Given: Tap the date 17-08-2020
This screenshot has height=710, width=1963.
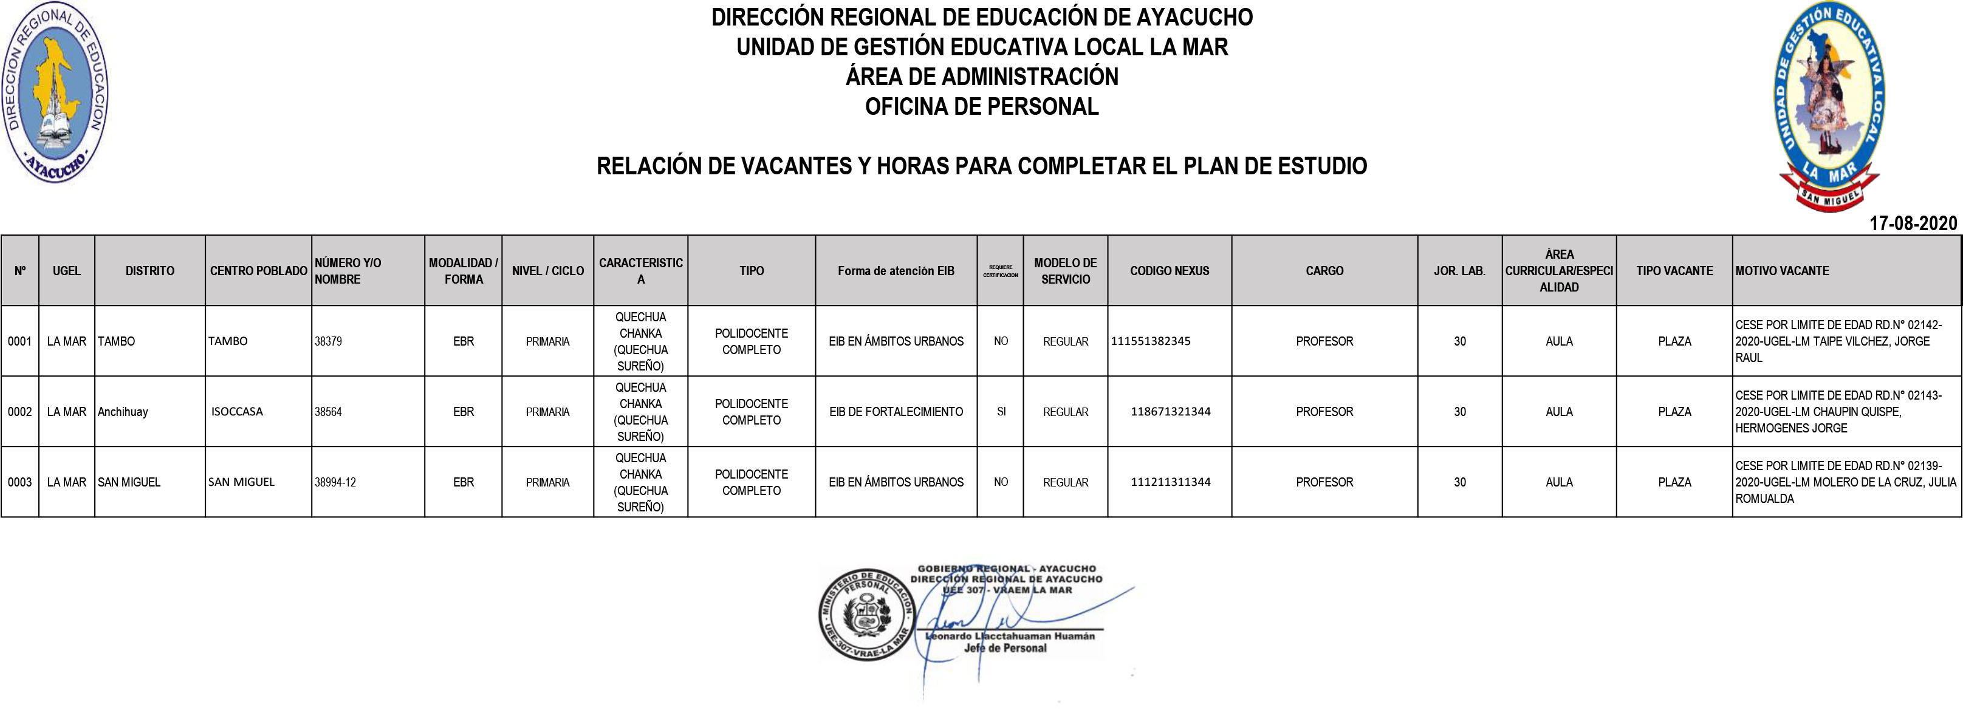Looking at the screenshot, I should click(1913, 224).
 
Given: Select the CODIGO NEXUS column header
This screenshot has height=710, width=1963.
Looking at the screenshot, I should click(1169, 270).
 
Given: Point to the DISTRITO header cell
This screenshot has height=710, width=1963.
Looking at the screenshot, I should click(149, 270).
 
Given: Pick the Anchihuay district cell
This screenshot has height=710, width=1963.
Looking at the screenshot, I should click(123, 411).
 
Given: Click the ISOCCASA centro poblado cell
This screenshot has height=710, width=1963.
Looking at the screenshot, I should click(237, 411).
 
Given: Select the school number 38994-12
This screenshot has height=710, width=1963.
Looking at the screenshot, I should click(335, 482).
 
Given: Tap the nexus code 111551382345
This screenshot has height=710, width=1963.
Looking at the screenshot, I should click(1151, 341).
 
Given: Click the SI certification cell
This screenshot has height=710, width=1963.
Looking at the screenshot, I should click(1001, 411).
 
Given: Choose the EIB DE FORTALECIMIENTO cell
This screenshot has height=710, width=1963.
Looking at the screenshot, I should click(896, 411).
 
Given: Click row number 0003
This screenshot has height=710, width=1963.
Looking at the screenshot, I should click(20, 482).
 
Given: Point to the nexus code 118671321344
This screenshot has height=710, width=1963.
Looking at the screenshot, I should click(1171, 411).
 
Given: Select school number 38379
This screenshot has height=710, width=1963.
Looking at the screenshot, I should click(329, 341).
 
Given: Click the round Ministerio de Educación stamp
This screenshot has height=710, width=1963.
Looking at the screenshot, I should click(866, 614).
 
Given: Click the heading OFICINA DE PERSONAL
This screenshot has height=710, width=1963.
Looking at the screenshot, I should click(982, 107).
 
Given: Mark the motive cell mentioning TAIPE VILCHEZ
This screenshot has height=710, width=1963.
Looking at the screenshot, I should click(1846, 341).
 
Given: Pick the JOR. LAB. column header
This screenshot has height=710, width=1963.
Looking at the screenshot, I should click(1459, 270).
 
